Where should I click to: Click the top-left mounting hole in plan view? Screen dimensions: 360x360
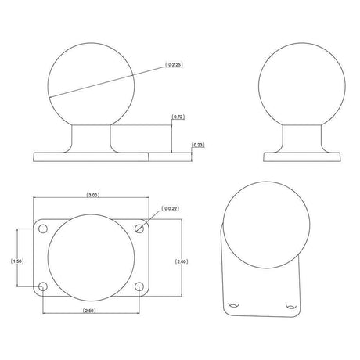pyautogui.click(x=43, y=229)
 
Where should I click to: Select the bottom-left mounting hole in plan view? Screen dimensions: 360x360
pyautogui.click(x=43, y=287)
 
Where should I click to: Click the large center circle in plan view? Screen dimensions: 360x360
pyautogui.click(x=92, y=258)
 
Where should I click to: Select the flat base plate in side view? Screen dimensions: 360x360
pyautogui.click(x=301, y=157)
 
